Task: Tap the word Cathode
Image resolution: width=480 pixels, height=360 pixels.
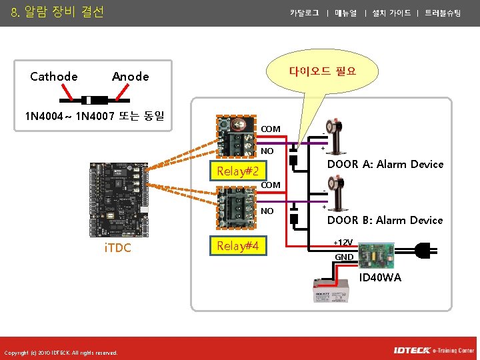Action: [x=53, y=77]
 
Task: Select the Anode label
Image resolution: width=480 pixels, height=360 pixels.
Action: [x=130, y=77]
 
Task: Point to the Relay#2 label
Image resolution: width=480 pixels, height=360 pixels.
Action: [x=238, y=172]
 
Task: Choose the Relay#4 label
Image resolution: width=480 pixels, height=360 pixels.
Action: [x=238, y=247]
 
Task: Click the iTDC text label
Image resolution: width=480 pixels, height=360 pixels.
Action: [x=118, y=248]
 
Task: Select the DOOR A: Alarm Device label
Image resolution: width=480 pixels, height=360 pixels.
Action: [x=385, y=164]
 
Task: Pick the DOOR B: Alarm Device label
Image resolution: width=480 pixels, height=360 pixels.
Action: [x=385, y=220]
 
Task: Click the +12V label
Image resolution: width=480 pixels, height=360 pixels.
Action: [x=344, y=242]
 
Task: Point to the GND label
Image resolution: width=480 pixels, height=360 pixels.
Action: [x=344, y=257]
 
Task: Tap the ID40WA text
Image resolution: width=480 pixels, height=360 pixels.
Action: [x=380, y=277]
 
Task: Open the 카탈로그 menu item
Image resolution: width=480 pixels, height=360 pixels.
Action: [x=304, y=13]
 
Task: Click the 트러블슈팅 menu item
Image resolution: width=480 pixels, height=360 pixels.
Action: [x=443, y=13]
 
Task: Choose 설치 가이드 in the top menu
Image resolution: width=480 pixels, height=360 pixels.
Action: [x=391, y=13]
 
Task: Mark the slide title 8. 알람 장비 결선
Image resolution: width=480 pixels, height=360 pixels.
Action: [x=57, y=12]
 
